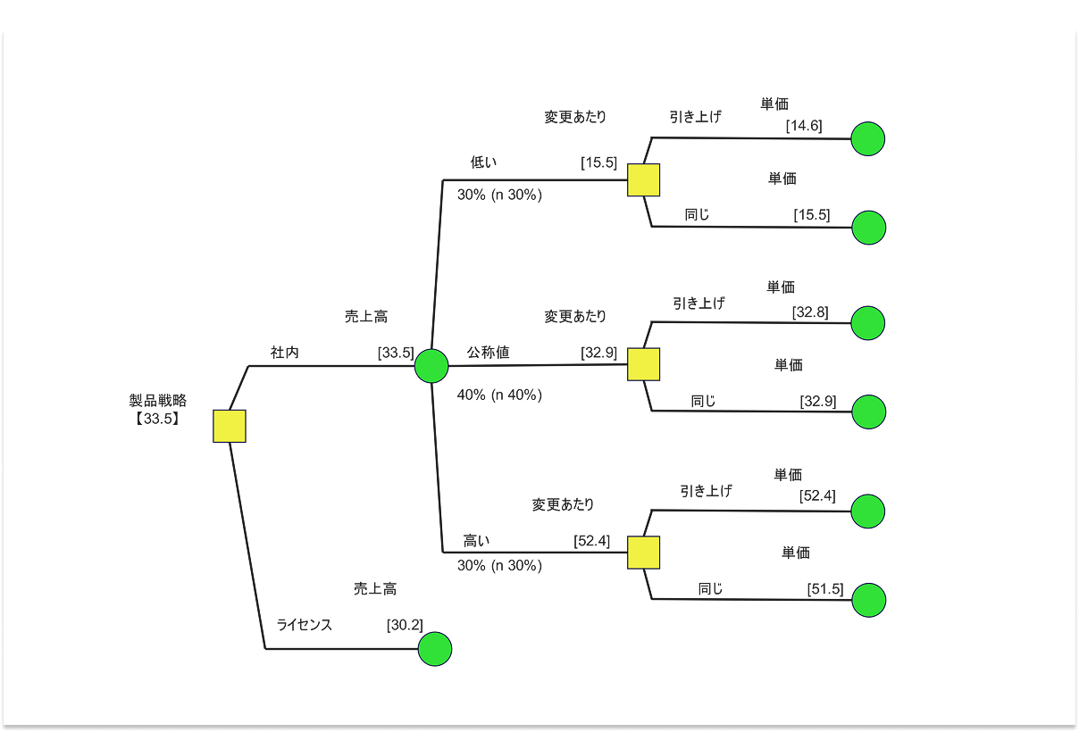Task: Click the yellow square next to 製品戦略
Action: tap(230, 426)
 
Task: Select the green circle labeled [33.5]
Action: tap(431, 365)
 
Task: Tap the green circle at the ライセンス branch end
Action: tap(435, 649)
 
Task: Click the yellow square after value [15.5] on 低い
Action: tap(643, 180)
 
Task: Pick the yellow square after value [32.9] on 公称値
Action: tap(643, 364)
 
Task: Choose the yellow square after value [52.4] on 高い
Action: tap(643, 553)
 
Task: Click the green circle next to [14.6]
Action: tap(867, 138)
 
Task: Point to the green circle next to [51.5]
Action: tap(868, 600)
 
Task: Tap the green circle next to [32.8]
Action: tap(868, 323)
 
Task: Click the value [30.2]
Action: tap(405, 625)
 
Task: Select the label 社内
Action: tap(285, 353)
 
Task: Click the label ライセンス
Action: tap(305, 625)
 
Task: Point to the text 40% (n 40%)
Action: tap(499, 395)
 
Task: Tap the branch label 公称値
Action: tap(488, 353)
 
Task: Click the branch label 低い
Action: tap(483, 162)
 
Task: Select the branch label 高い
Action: tap(476, 541)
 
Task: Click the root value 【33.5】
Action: tap(158, 417)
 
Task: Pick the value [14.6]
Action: tap(804, 126)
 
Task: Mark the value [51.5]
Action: tap(825, 588)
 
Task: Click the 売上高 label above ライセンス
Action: tap(375, 589)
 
